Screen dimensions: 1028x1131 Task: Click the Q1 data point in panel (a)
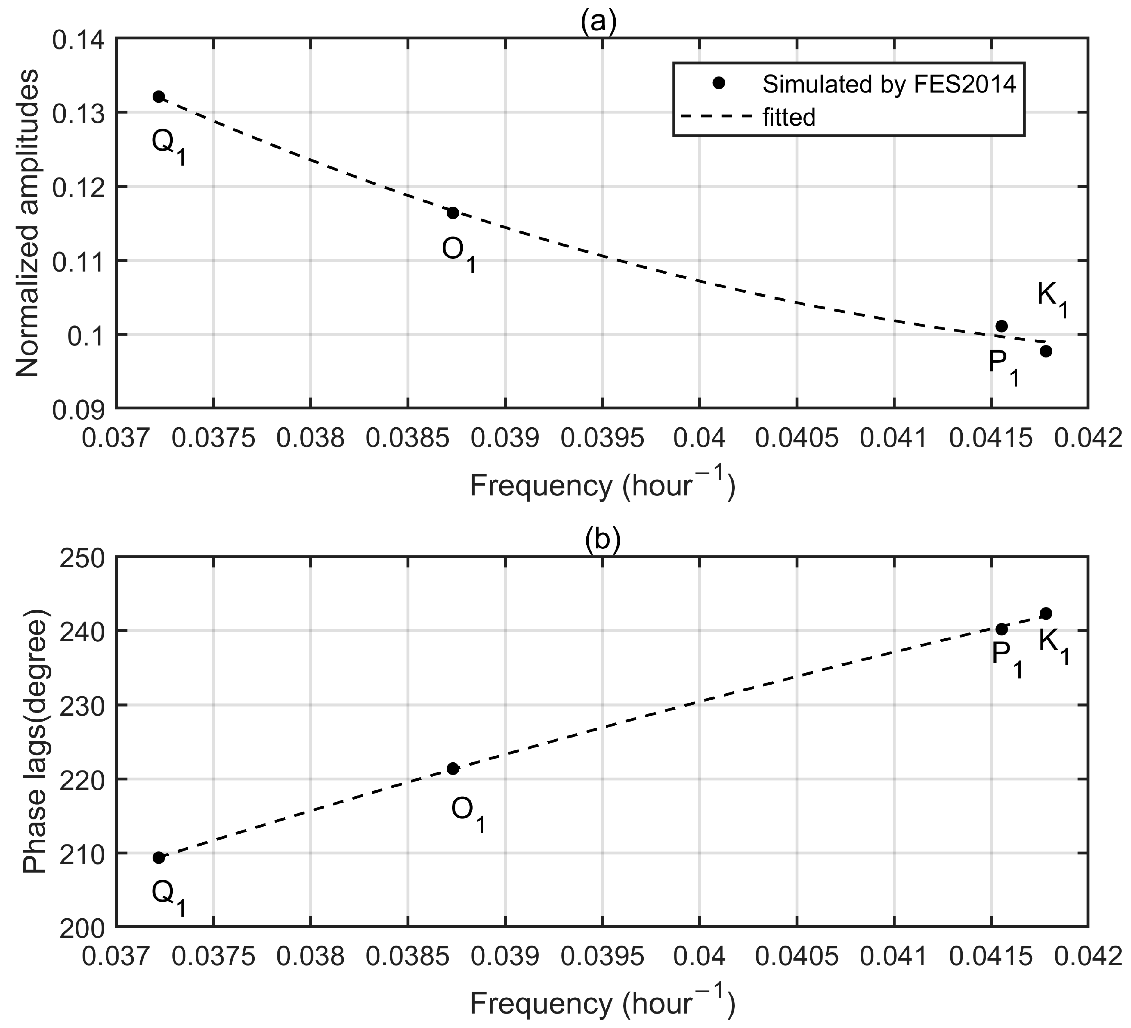click(159, 97)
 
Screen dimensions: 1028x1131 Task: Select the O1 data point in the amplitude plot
click(453, 213)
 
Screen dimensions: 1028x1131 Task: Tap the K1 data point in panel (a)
click(1046, 351)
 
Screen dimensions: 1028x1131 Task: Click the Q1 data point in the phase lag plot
click(159, 857)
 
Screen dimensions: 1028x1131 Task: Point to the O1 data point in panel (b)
click(453, 769)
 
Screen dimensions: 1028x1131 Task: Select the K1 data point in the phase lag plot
click(1046, 613)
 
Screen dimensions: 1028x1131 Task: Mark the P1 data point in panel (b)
click(1001, 629)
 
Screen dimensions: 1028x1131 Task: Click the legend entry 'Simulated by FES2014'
click(889, 84)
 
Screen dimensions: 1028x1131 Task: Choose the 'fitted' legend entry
click(788, 118)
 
